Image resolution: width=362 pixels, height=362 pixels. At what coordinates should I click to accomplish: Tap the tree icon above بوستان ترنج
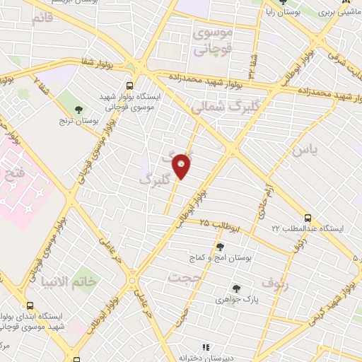(79, 108)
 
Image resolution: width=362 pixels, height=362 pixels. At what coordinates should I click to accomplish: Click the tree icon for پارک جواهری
(237, 288)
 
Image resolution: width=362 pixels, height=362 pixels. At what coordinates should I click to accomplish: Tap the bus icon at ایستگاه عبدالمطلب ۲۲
(308, 218)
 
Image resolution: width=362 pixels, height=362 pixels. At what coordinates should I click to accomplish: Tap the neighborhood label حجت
(180, 277)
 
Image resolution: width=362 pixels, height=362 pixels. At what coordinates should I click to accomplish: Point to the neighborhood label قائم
(42, 18)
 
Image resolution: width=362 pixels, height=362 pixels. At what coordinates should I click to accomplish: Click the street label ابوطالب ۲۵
(221, 226)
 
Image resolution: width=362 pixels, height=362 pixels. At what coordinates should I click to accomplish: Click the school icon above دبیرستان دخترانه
(206, 348)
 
